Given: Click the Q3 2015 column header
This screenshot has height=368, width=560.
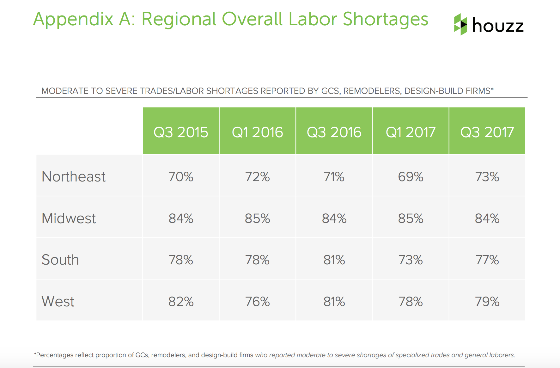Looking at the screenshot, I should pos(181,132).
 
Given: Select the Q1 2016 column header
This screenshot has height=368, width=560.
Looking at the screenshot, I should pos(257,132).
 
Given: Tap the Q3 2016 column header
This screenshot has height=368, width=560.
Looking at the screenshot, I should pos(334,132).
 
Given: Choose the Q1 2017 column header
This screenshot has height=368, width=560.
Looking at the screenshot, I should pos(411,132).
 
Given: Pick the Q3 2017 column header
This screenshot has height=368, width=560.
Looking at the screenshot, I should pos(487,132).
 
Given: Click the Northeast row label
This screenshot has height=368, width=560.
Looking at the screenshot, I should pos(74,176).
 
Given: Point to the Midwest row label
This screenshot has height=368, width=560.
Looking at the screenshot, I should pos(69,218).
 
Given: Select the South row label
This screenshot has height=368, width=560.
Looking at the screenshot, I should pos(60,260).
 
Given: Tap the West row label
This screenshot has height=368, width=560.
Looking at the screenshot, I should pos(58,301).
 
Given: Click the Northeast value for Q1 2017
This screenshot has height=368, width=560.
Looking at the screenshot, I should pos(411,176).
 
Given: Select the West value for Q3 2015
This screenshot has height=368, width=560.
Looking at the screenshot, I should pos(181,301).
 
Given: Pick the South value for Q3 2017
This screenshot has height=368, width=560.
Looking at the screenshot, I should pos(487,260).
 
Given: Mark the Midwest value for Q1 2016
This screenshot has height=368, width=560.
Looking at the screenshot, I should pos(257,218).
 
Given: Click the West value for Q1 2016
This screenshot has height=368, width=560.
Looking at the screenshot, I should pos(257,301).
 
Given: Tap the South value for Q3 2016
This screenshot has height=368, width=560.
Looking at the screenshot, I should pos(334,260).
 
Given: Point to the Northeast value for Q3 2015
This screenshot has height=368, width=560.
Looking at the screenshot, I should pos(181,176).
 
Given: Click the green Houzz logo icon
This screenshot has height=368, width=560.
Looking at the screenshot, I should pos(460,24).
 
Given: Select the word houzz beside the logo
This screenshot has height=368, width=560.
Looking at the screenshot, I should pos(498,25).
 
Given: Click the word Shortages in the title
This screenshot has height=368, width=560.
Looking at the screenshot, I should pos(385,19).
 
